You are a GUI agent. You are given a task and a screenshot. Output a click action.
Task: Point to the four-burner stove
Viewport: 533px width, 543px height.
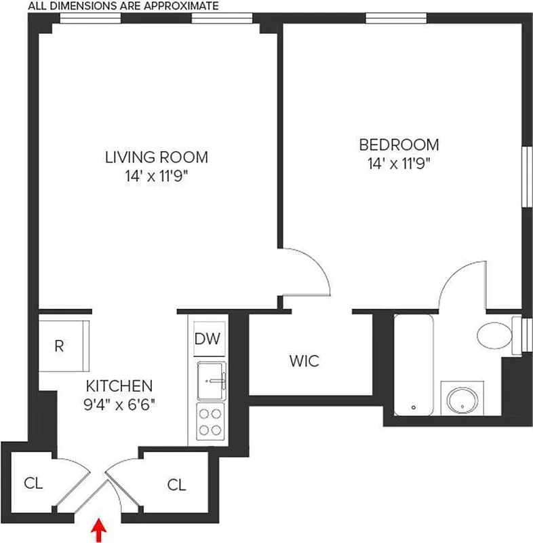click(210, 421)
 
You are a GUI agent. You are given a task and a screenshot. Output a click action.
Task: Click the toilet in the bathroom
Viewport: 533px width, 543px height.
click(493, 334)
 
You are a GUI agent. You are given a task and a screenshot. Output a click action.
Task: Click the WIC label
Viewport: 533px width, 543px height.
click(303, 360)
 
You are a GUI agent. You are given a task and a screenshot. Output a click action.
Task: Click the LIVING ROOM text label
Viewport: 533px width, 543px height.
click(156, 157)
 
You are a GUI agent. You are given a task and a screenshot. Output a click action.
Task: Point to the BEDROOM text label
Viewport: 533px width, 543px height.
click(399, 145)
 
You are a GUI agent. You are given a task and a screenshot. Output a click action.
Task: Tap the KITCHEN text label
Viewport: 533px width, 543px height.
click(119, 386)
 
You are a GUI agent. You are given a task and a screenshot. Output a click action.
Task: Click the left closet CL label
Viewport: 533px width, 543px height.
click(33, 483)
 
